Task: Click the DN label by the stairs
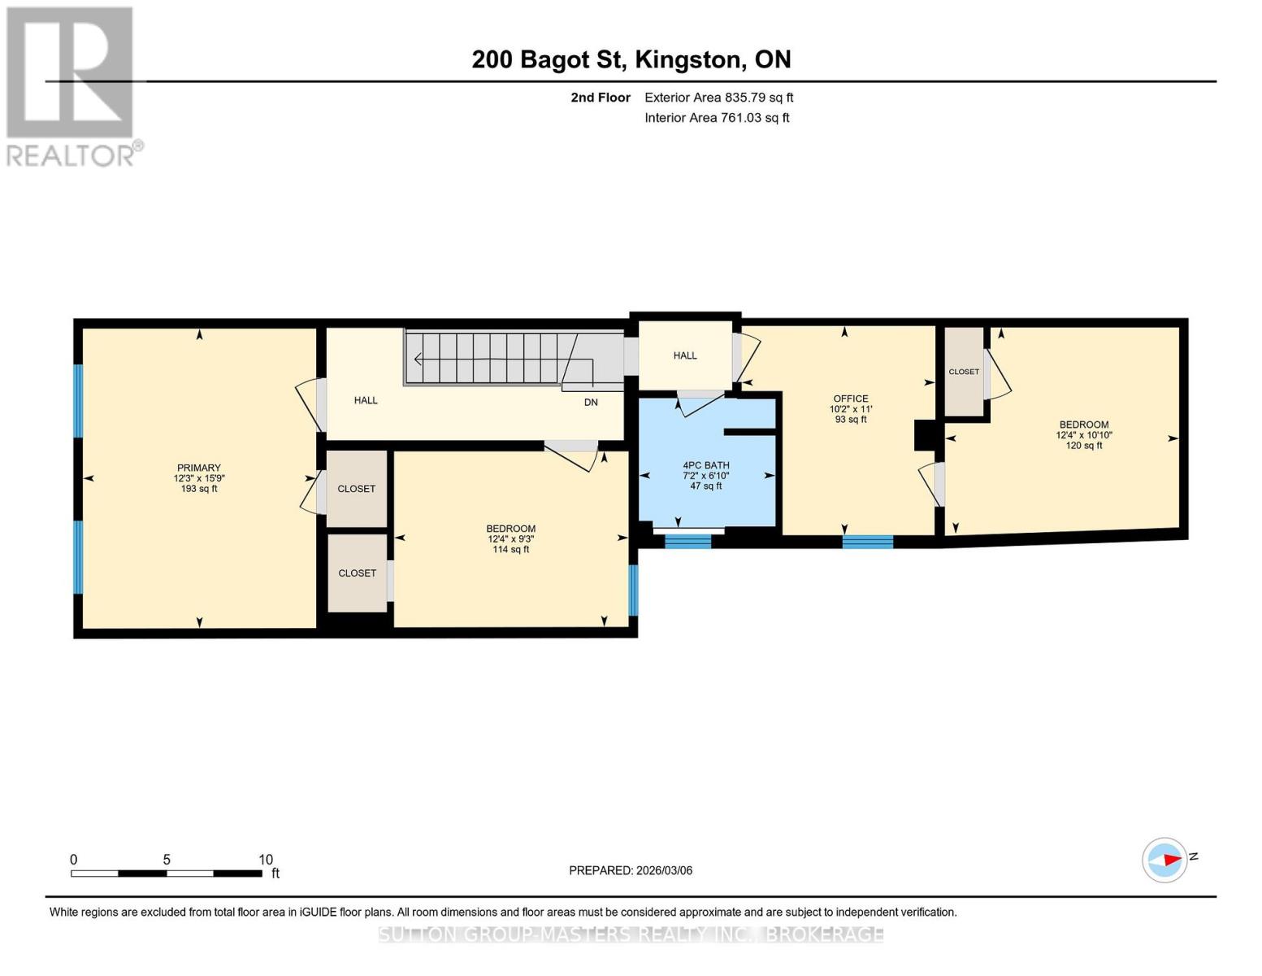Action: (591, 403)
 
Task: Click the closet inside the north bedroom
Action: (964, 372)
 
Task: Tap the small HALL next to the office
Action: (685, 355)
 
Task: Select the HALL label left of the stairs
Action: (366, 400)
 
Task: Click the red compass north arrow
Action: (1170, 860)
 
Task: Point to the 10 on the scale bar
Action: (266, 860)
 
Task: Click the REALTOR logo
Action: (72, 86)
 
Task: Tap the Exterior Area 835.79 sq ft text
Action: (718, 98)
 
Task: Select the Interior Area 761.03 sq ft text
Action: (717, 118)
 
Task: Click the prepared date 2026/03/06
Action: (631, 870)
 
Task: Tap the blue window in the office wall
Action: (867, 542)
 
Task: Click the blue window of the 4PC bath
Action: (687, 542)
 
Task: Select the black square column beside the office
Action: (926, 434)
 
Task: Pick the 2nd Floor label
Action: (601, 98)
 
